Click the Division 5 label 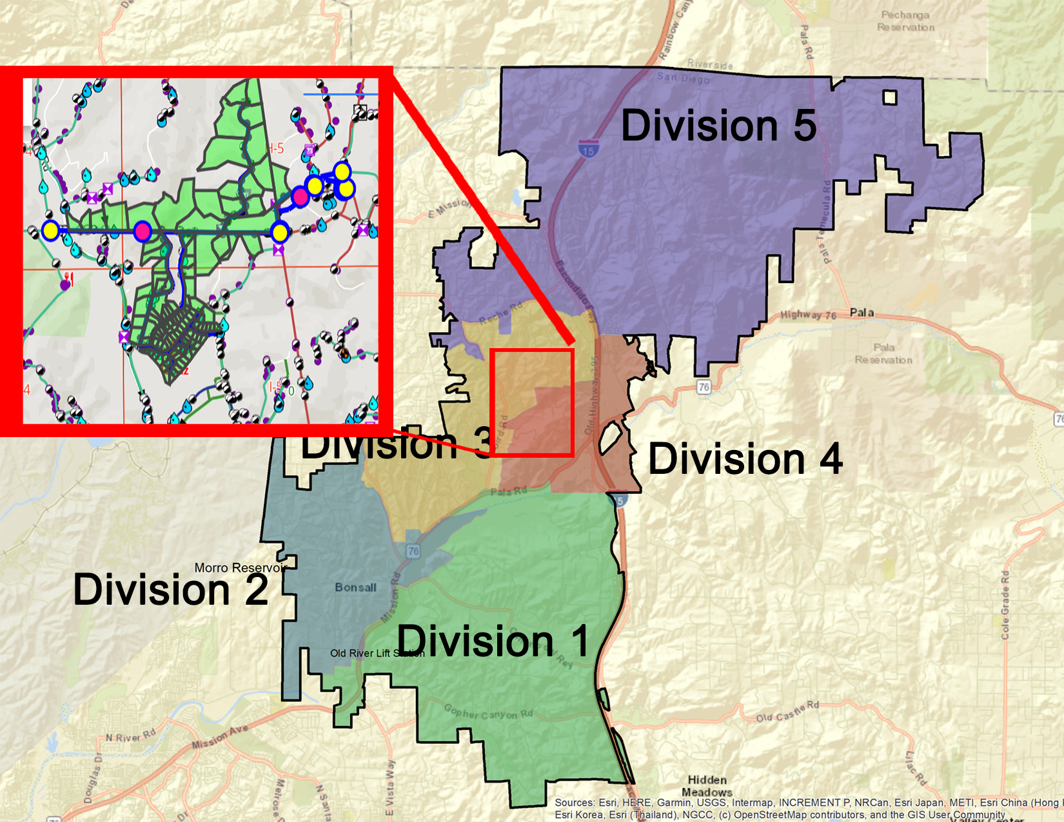(x=718, y=125)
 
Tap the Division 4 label (x=745, y=459)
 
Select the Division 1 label (x=493, y=641)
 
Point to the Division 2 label (x=170, y=589)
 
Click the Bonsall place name (x=355, y=587)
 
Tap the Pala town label (x=862, y=313)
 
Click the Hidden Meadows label (x=707, y=786)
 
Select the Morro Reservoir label (x=240, y=568)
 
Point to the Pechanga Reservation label (x=905, y=21)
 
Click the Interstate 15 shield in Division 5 (x=587, y=150)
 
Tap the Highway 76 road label (x=808, y=315)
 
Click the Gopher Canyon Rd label (x=488, y=712)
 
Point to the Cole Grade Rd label (x=1005, y=605)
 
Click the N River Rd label (x=131, y=736)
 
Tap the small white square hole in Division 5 (x=890, y=97)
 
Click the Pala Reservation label (x=883, y=353)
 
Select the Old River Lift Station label (x=377, y=653)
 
